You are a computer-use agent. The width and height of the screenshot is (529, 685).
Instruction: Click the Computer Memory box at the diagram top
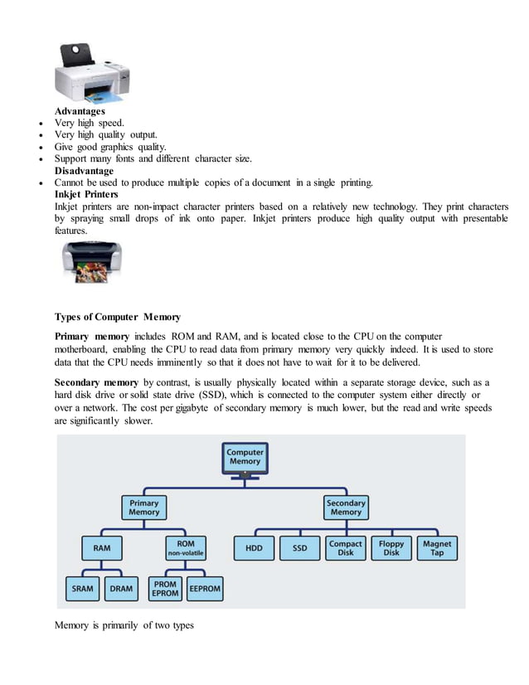[x=245, y=457]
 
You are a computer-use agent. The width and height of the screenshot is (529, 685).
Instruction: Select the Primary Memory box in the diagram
[x=144, y=508]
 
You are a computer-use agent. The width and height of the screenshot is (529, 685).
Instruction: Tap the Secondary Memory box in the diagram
[x=346, y=508]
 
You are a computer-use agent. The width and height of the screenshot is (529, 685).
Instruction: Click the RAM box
[x=102, y=548]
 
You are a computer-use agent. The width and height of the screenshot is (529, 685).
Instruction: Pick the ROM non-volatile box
[x=186, y=548]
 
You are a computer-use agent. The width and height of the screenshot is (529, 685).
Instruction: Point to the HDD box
[x=253, y=548]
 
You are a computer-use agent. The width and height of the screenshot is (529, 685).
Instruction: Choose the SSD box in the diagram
[x=299, y=548]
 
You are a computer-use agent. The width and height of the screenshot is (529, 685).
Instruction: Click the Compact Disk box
[x=346, y=548]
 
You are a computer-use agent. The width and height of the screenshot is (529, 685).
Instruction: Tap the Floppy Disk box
[x=391, y=548]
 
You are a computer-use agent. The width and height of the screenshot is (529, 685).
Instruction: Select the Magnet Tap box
[x=437, y=548]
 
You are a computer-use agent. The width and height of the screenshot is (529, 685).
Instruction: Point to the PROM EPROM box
[x=165, y=589]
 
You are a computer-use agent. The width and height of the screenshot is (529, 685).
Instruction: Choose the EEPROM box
[x=205, y=589]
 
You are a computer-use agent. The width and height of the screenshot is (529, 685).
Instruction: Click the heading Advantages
[x=80, y=111]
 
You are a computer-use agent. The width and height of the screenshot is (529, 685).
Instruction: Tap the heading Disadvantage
[x=84, y=170]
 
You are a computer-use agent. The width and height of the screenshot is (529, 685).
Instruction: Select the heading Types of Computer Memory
[x=118, y=317]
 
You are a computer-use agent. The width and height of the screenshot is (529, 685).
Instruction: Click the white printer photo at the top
[x=92, y=73]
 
